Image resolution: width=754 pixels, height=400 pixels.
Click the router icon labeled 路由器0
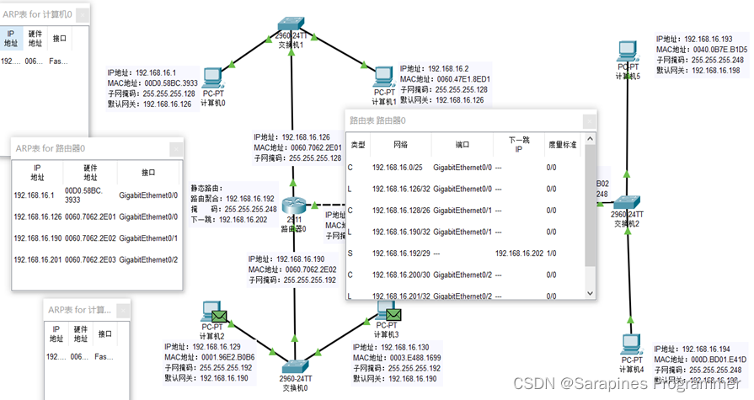292,206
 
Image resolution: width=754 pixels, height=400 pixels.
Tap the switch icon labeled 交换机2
628,203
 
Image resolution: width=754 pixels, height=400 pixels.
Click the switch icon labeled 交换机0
296,366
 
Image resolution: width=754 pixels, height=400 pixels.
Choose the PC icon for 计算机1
383,77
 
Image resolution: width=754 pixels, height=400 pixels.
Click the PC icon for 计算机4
628,346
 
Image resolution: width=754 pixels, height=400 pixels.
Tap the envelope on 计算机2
209,310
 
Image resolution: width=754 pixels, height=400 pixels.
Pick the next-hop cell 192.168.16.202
518,253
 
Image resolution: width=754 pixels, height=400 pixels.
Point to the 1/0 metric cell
552,253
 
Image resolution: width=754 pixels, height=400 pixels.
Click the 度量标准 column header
562,146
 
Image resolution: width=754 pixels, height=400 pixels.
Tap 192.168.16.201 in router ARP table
38,260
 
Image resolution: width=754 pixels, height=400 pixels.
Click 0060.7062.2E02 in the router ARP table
92,238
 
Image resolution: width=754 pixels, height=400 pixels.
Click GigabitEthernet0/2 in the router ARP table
148,260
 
